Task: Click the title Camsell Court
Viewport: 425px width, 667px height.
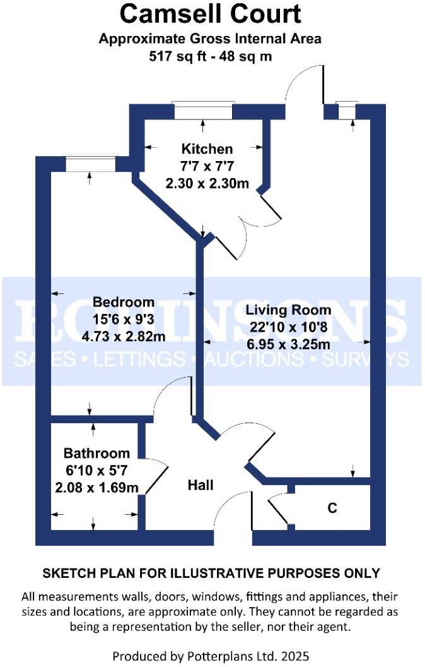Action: click(211, 14)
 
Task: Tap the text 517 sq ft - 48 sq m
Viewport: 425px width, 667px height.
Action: click(211, 55)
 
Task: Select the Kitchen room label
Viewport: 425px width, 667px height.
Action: click(207, 150)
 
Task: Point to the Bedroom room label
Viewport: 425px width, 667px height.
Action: click(123, 302)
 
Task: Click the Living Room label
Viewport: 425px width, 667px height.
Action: click(288, 310)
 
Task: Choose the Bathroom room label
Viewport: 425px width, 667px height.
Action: click(96, 454)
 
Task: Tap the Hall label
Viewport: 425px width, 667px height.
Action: click(201, 485)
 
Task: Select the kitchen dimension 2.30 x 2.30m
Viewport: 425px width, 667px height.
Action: click(207, 184)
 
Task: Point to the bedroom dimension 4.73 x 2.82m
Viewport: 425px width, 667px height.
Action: click(123, 337)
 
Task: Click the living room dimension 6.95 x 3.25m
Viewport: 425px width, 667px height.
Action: click(288, 345)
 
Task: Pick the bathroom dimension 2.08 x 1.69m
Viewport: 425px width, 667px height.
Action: click(96, 488)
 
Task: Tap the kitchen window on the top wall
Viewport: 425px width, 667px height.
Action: click(204, 111)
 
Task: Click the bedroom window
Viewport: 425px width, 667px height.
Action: click(90, 164)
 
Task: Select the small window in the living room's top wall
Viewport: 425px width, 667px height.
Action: click(346, 111)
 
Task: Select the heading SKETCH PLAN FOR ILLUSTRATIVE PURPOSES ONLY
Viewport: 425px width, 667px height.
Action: click(211, 574)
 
